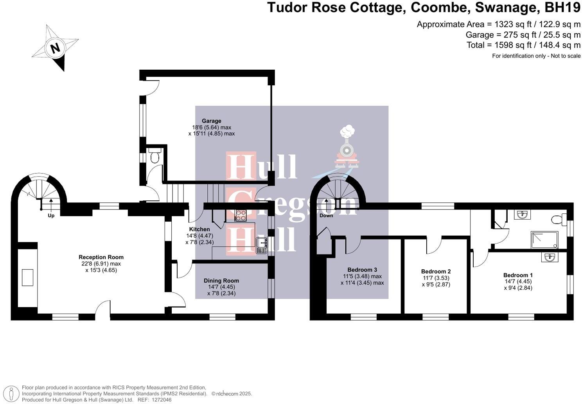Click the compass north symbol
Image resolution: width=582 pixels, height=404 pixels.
pos(55,48)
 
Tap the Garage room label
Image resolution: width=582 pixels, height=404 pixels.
pos(211,121)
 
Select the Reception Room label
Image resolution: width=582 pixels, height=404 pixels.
pos(101,257)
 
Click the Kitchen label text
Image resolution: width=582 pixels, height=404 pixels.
pos(199,229)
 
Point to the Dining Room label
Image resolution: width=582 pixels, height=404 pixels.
pos(221,281)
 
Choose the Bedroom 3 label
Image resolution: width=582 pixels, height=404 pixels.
pos(362,270)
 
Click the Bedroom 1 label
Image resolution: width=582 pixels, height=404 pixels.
pos(518,275)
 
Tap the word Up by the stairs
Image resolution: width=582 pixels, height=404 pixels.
pos(51,216)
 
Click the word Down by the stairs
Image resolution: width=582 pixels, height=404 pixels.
pos(326,216)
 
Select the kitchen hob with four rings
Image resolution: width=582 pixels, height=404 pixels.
pos(240,215)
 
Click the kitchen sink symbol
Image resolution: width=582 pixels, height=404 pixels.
pos(261,245)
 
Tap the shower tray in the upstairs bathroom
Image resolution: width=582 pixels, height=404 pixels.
pos(544,240)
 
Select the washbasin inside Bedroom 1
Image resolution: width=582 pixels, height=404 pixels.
pos(550,257)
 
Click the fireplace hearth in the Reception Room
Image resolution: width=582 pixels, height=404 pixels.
pos(27,278)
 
